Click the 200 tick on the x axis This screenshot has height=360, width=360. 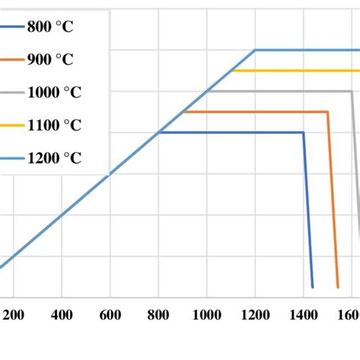[13, 314]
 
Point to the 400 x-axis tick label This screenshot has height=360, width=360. [62, 314]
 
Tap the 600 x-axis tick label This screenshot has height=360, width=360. [110, 314]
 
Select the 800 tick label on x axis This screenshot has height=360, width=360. [159, 314]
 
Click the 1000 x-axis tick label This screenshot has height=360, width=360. [207, 314]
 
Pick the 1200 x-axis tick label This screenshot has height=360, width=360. [255, 314]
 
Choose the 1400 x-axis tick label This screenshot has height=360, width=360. [304, 314]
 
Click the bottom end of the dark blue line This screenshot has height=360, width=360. [312, 287]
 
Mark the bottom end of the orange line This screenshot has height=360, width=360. [338, 287]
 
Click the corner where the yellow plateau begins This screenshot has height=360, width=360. [232, 71]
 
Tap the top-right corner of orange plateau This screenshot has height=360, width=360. [327, 112]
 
